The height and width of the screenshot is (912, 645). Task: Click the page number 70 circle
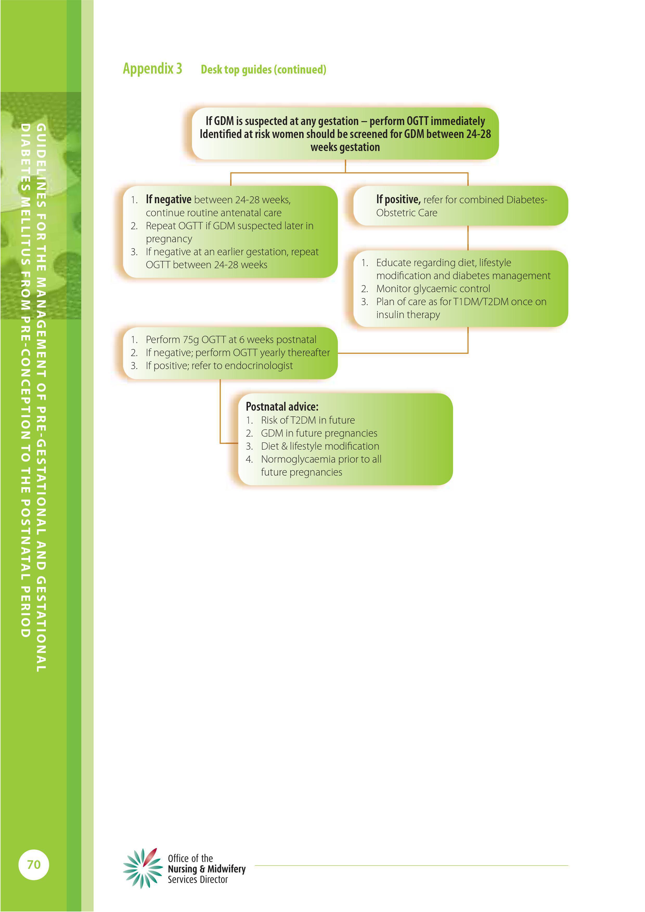[34, 864]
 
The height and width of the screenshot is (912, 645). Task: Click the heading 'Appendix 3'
[152, 69]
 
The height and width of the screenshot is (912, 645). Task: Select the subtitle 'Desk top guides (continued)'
[263, 69]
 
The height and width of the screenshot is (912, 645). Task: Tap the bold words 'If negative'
[169, 199]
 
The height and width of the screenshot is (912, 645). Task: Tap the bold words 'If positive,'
[398, 199]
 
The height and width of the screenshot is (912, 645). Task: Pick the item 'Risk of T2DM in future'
[308, 420]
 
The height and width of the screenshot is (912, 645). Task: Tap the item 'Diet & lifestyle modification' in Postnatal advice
[320, 446]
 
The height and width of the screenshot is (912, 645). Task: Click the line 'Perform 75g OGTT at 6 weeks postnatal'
[231, 340]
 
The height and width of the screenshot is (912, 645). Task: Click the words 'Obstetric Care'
[407, 213]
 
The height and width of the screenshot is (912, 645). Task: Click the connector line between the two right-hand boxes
[468, 238]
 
